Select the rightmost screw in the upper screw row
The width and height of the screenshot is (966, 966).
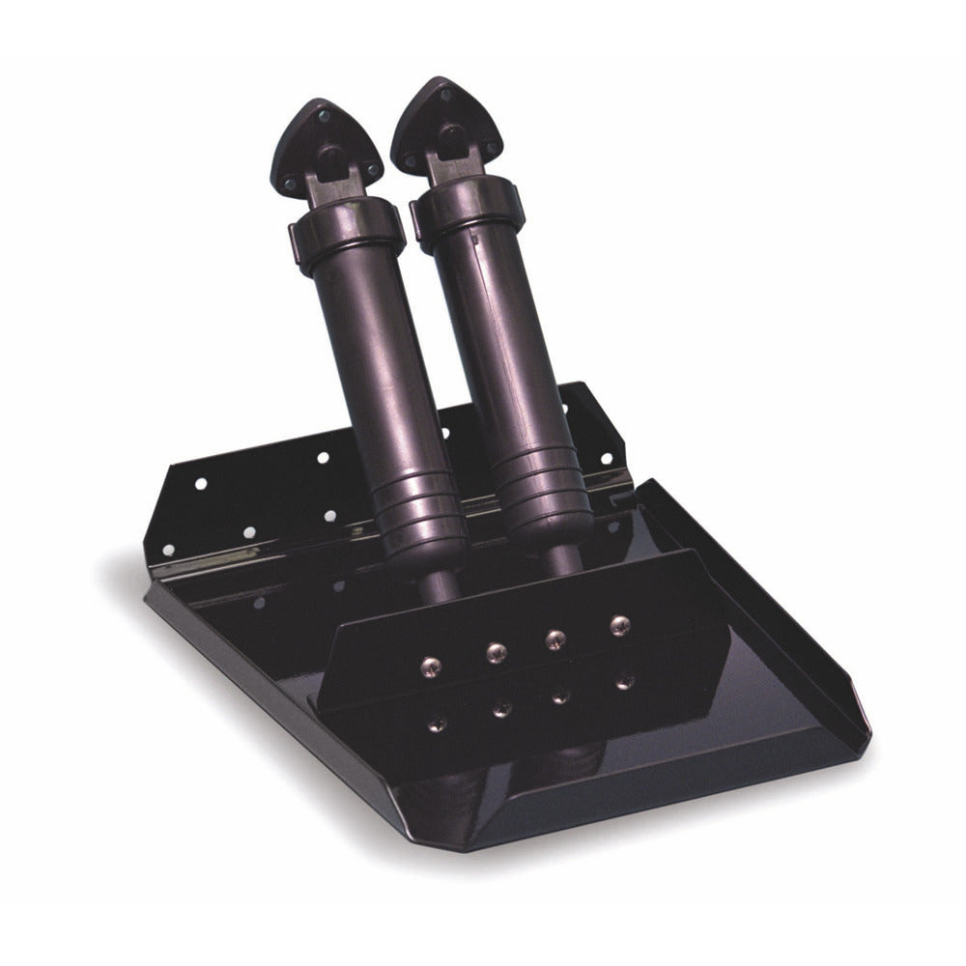tap(619, 623)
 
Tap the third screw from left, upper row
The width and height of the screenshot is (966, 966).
tap(555, 639)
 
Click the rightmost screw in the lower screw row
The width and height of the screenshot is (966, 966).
tap(624, 681)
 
